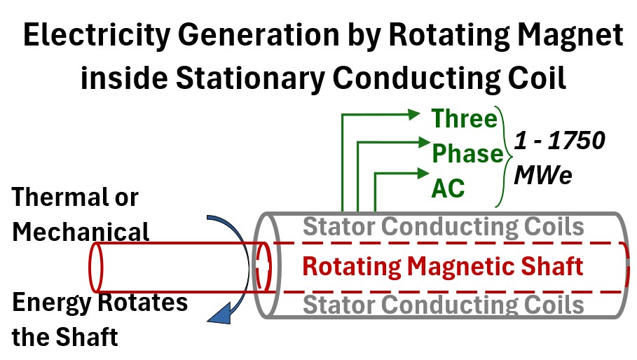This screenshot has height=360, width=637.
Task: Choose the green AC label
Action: (x=448, y=187)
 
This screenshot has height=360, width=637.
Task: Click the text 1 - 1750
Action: (x=560, y=141)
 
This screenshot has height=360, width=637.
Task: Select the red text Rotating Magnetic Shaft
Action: (x=442, y=266)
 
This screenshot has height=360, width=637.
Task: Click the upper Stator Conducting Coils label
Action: (x=443, y=227)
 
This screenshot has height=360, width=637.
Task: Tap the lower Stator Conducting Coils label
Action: (x=443, y=305)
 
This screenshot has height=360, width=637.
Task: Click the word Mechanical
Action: (x=81, y=231)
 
